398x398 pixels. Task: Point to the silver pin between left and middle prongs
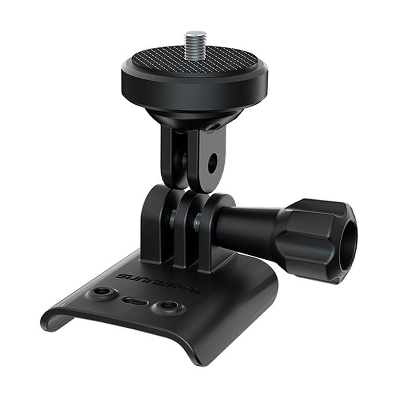[x=173, y=218]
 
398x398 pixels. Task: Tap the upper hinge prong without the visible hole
[x=173, y=155]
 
